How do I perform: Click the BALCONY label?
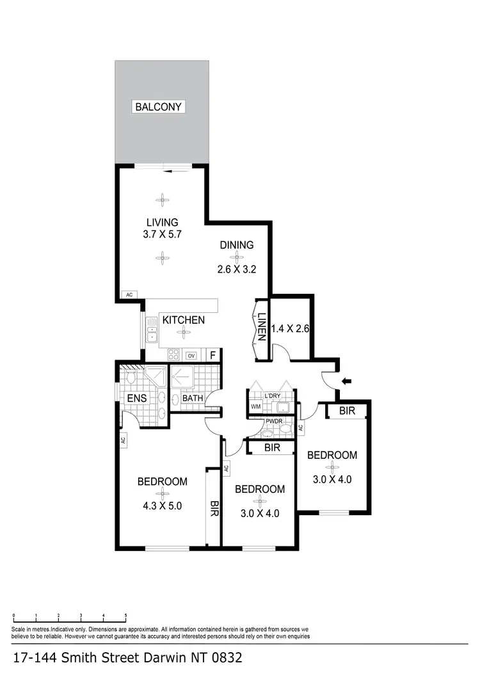coord(159,107)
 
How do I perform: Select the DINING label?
coord(237,244)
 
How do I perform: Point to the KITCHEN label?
coord(183,319)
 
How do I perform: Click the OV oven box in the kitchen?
coord(191,355)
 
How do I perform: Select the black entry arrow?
coord(348,382)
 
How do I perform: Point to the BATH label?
coord(193,398)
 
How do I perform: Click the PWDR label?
coord(273,422)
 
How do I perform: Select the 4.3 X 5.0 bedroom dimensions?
coord(163,505)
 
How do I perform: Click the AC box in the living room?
coord(129,295)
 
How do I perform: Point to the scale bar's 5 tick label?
coord(125,615)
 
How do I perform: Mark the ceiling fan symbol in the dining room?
coord(237,257)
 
